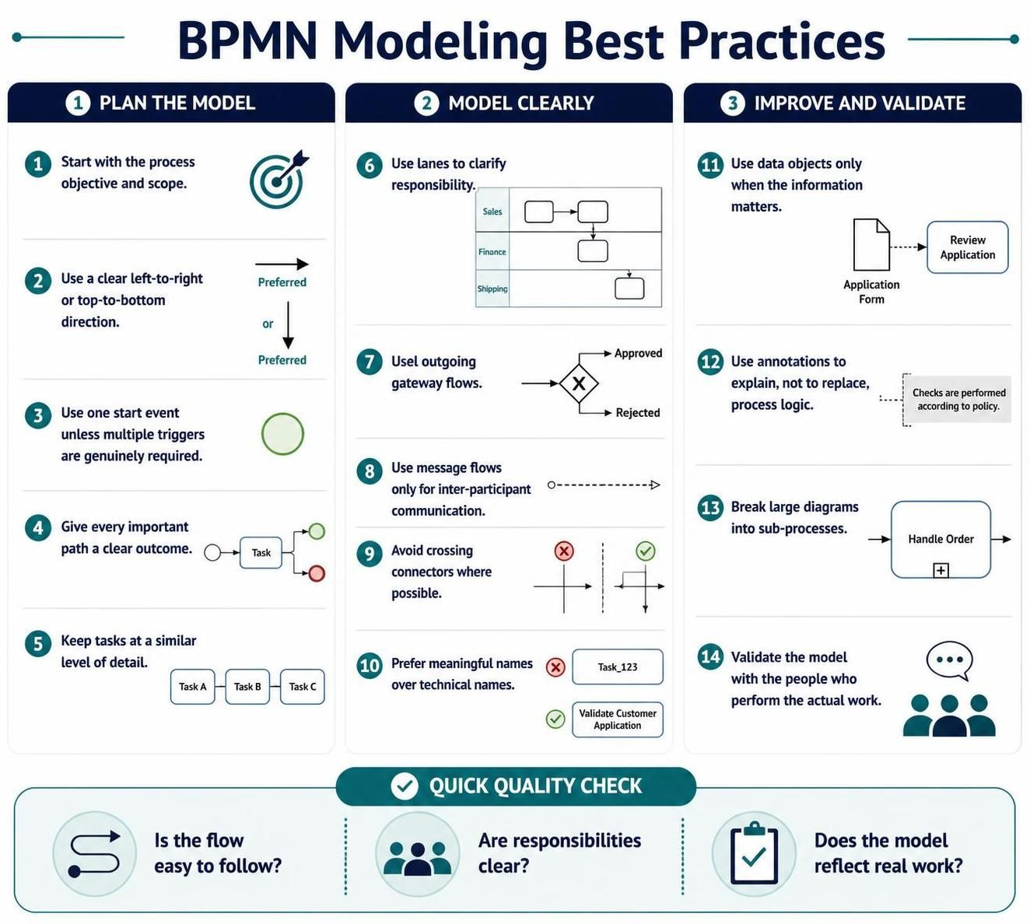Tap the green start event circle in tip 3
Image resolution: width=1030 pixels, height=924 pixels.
coord(282,433)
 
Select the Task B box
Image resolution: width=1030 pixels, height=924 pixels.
coord(247,686)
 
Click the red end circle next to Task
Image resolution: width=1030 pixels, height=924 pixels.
coord(317,573)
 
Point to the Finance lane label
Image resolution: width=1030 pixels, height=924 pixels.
coord(492,251)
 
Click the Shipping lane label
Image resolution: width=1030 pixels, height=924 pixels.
coord(492,289)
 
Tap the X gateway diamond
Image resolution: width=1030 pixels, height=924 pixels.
coord(579,383)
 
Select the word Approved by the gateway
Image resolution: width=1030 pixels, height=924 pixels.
coord(638,353)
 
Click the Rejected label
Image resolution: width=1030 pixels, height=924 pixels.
coord(637,412)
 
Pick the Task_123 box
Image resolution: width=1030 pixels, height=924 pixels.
coord(617,667)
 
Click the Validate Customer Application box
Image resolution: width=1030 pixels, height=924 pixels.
coord(617,719)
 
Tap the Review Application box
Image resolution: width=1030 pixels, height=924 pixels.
coord(967,247)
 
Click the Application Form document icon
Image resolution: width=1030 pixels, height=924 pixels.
coord(871,244)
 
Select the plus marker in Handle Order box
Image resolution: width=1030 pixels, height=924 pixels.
coord(941,570)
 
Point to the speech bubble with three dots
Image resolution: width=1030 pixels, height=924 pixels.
coord(949,661)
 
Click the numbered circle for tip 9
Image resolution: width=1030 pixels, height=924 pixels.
coord(370,553)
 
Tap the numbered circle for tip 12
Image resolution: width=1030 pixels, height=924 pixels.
coord(710,362)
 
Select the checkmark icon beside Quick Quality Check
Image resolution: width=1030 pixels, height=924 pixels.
coord(405,786)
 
